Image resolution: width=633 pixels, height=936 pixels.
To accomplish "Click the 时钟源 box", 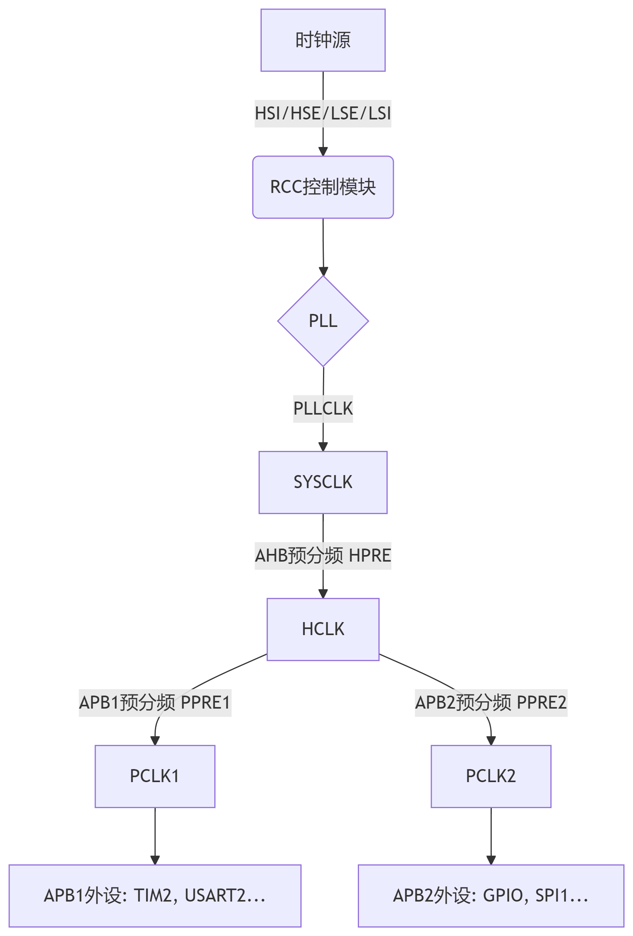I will pos(323,40).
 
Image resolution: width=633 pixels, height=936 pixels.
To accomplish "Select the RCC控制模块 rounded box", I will pos(323,187).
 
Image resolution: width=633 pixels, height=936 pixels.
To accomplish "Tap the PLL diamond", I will pos(323,321).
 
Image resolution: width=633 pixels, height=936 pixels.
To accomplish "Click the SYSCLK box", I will pos(323,482).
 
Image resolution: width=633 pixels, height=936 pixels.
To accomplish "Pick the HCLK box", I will pos(323,629).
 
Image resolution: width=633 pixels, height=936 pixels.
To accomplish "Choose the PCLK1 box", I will pos(155,776).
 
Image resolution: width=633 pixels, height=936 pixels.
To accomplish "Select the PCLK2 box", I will pos(491,776).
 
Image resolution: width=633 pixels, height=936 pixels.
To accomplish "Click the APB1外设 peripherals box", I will pos(155,895).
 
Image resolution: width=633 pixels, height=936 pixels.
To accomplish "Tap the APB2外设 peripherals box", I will pos(491,895).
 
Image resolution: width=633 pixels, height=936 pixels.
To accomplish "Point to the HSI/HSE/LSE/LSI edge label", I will pos(323,114).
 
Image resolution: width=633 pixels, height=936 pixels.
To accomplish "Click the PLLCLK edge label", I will pos(323,409).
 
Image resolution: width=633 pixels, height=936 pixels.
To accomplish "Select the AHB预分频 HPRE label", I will pos(323,556).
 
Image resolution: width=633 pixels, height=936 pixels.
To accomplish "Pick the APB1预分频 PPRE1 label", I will pos(155,703).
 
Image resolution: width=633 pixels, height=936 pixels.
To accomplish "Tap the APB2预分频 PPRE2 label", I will pos(491,703).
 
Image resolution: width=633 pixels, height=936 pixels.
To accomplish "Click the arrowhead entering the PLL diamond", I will pos(323,271).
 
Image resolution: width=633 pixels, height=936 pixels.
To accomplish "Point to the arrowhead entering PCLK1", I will pos(155,740).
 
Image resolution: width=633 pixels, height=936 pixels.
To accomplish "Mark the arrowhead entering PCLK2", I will pos(491,740).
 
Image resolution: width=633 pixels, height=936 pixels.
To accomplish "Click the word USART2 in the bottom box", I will pos(215,895).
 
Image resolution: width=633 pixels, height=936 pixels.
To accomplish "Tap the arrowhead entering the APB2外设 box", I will pos(491,859).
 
